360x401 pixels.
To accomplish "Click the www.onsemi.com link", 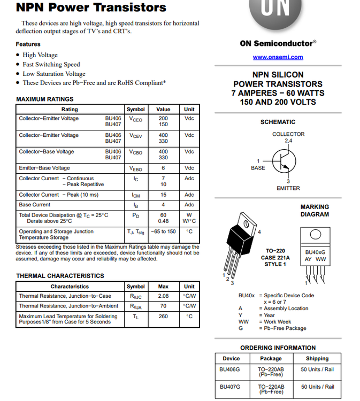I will coord(278,57).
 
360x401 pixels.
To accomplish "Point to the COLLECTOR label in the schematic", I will coord(288,134).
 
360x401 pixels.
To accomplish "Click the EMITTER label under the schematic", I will coord(288,188).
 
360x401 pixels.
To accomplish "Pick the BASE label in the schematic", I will coord(258,168).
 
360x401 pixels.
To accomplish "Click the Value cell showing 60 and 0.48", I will coord(163,218).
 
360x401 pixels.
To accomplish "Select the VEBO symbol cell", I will coord(135,168).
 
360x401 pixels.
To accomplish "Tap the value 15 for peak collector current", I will coord(163,195).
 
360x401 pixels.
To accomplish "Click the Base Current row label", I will coord(35,205).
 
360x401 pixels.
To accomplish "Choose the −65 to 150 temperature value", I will coord(163,232).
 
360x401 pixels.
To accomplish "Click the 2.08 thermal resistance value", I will coord(163,296).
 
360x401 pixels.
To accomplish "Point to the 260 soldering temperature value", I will coord(163,316).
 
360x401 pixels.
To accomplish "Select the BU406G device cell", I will coord(231,369).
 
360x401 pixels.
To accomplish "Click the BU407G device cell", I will coord(231,387).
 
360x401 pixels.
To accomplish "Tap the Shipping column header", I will coord(317,358).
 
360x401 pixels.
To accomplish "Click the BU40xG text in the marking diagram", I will coord(315,252).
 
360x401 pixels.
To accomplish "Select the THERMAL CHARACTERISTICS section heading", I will coord(60,276).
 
